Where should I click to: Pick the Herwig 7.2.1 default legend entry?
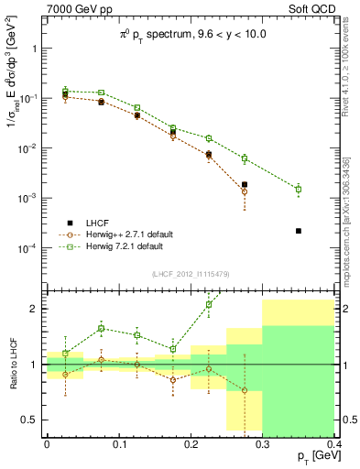tap(123, 246)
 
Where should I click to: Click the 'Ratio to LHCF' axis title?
tap(12, 365)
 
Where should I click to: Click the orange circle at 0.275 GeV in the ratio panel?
tap(245, 390)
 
